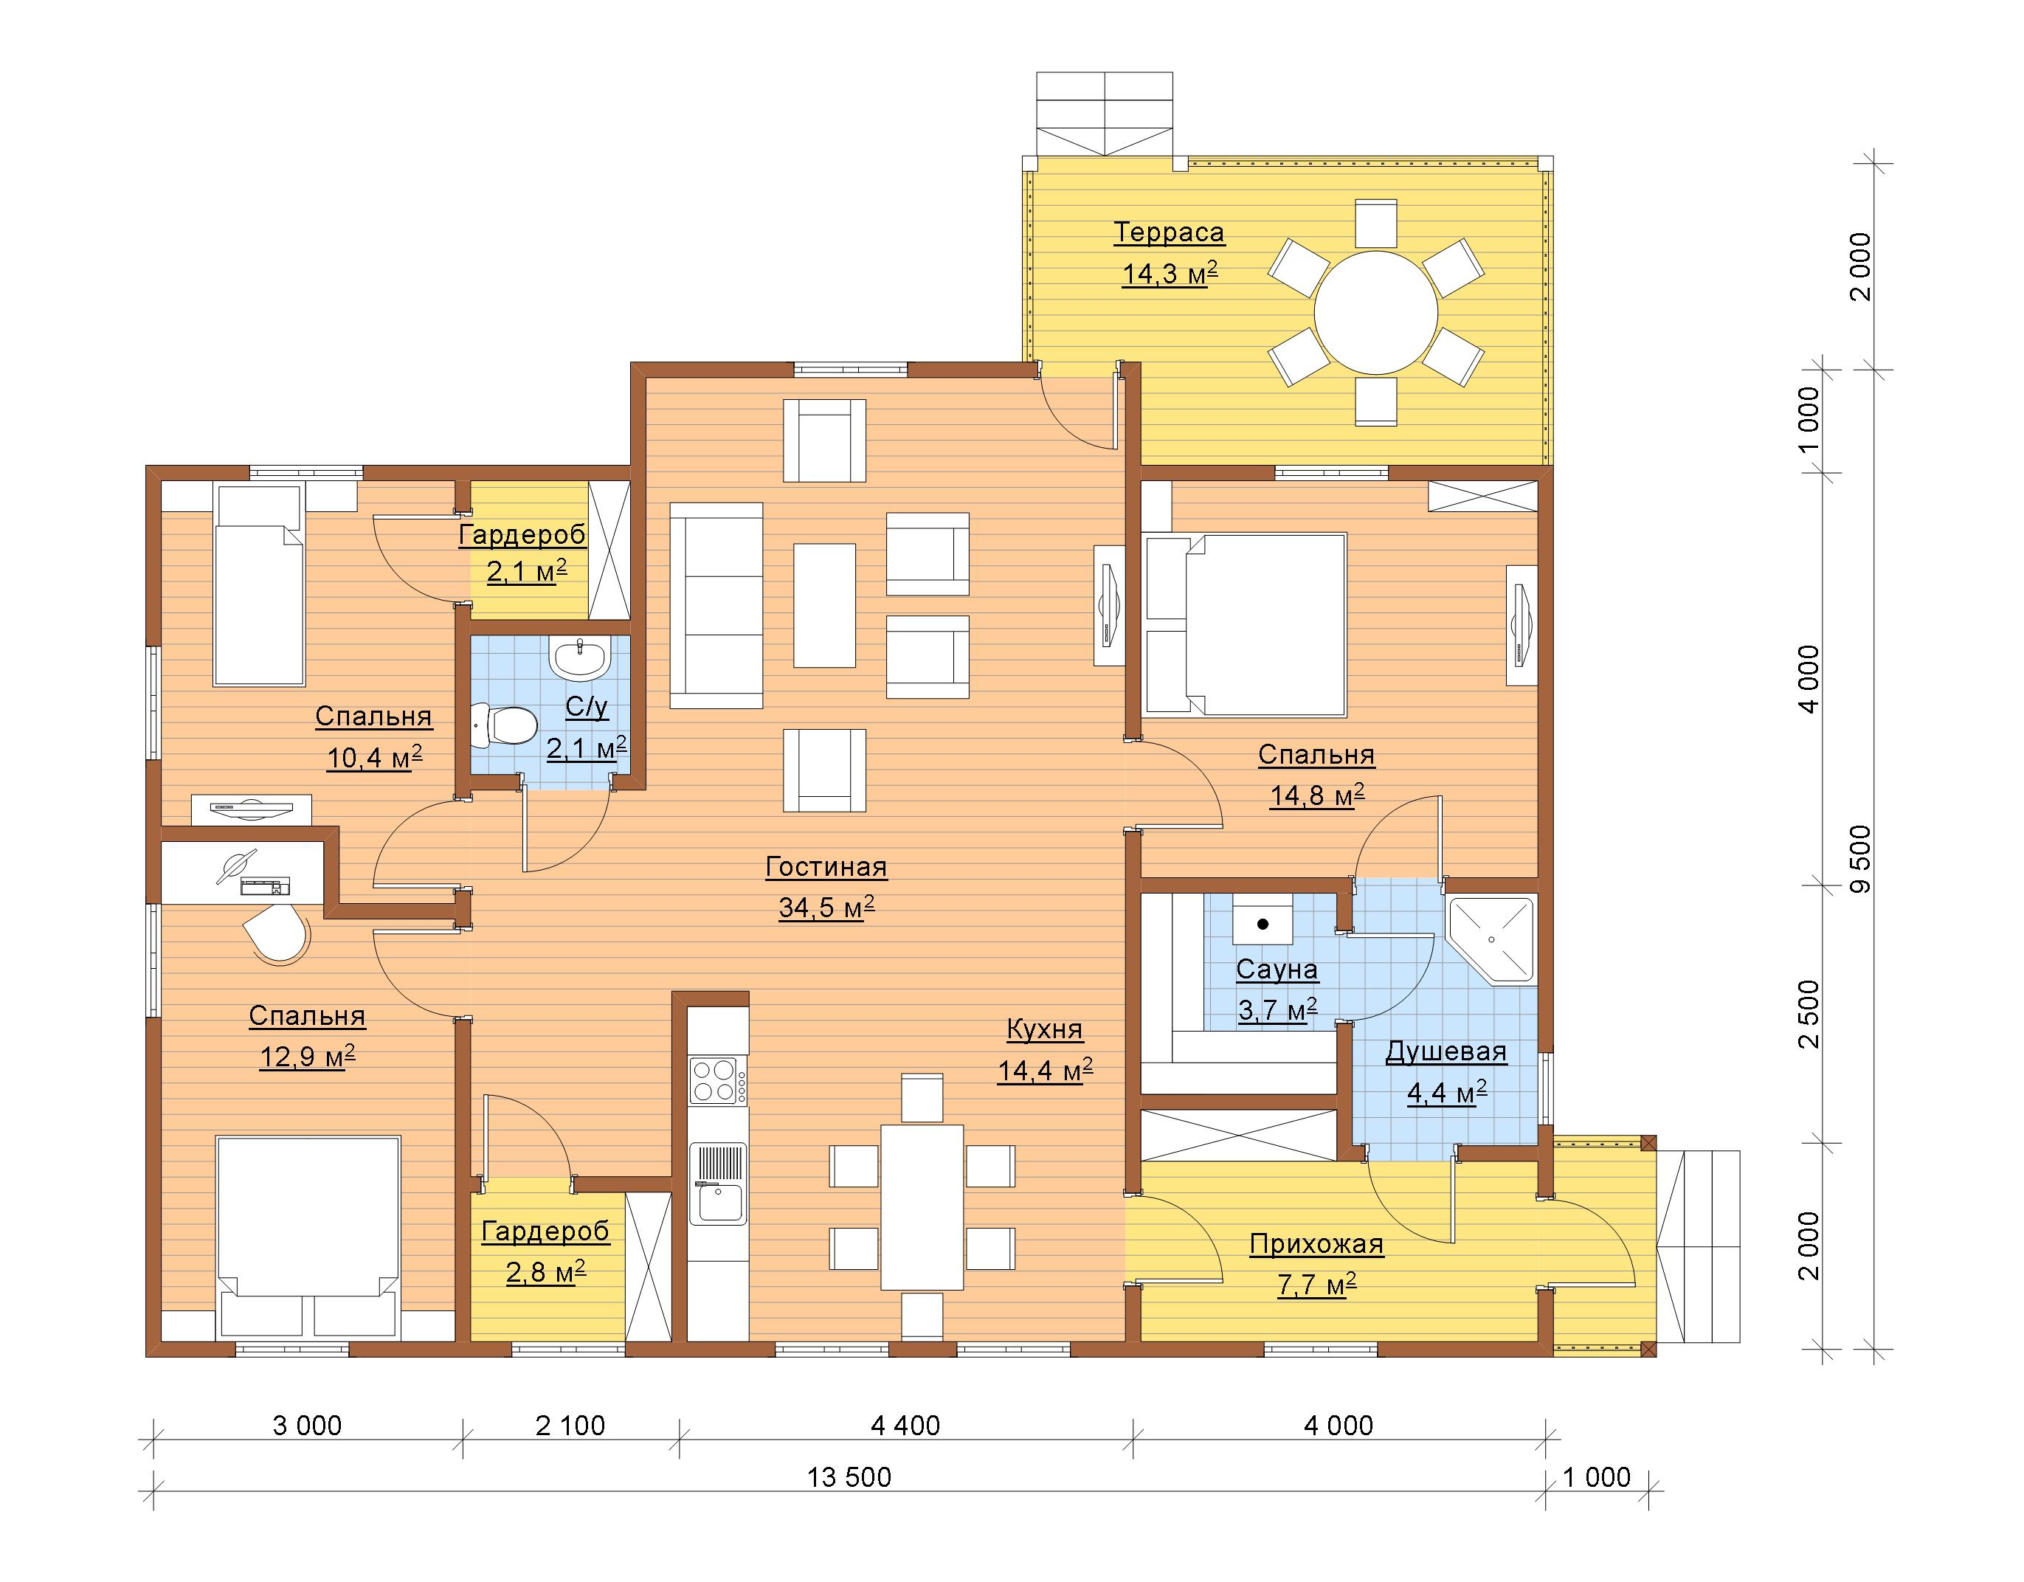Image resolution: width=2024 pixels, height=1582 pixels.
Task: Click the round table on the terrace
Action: click(x=1376, y=312)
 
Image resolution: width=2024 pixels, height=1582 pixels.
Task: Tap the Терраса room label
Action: click(x=1169, y=232)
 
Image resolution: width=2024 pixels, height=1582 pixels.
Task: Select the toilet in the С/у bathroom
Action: click(x=503, y=725)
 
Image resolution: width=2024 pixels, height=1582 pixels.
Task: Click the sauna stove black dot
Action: click(x=1263, y=924)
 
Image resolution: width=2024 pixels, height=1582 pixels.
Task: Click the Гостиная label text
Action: click(x=826, y=868)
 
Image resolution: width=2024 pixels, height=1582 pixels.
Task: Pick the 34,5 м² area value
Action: click(x=826, y=908)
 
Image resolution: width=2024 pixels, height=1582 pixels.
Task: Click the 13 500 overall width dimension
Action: click(x=849, y=1476)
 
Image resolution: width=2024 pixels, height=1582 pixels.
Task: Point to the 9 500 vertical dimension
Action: click(x=1860, y=859)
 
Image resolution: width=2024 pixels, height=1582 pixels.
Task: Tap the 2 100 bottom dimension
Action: click(x=570, y=1426)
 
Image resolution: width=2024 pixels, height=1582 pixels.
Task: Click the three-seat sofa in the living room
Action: click(x=716, y=605)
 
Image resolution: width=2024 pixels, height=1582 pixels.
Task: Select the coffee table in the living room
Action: click(x=824, y=605)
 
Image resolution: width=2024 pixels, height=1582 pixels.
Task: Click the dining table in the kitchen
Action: click(x=921, y=1206)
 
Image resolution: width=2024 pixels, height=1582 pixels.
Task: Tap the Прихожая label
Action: click(x=1316, y=1244)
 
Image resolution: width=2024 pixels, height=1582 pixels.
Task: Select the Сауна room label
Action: click(x=1277, y=970)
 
